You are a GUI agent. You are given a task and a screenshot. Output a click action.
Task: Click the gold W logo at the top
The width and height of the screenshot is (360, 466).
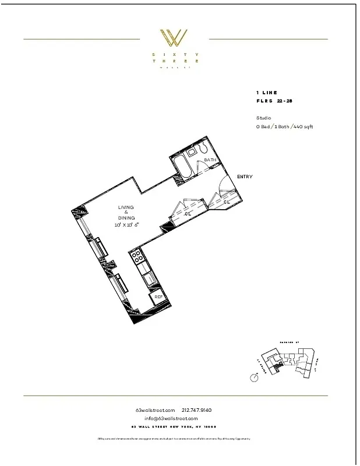point(174,39)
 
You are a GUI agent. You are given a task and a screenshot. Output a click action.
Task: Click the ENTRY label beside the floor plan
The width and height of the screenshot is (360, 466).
point(245,177)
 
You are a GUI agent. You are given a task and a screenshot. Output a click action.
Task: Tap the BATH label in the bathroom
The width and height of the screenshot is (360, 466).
point(210,160)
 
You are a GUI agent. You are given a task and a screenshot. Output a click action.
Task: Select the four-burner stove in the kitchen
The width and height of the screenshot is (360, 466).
point(139,256)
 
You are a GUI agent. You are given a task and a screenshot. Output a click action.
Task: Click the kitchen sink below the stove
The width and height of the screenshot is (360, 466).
point(149,278)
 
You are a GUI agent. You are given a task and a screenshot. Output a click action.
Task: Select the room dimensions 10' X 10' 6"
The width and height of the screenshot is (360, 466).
point(126,224)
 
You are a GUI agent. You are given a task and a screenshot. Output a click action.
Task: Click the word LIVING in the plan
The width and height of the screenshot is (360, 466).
point(126,207)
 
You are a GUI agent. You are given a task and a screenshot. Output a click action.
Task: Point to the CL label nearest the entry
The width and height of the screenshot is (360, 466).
point(227,202)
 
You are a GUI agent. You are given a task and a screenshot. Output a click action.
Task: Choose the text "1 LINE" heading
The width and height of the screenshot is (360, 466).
point(267,93)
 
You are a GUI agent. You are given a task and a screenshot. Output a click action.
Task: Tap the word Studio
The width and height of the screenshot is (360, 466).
point(263,118)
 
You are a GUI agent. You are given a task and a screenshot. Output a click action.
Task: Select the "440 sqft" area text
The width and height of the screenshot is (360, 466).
point(302,126)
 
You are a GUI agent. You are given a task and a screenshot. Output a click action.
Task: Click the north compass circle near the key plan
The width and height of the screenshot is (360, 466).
point(254,378)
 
